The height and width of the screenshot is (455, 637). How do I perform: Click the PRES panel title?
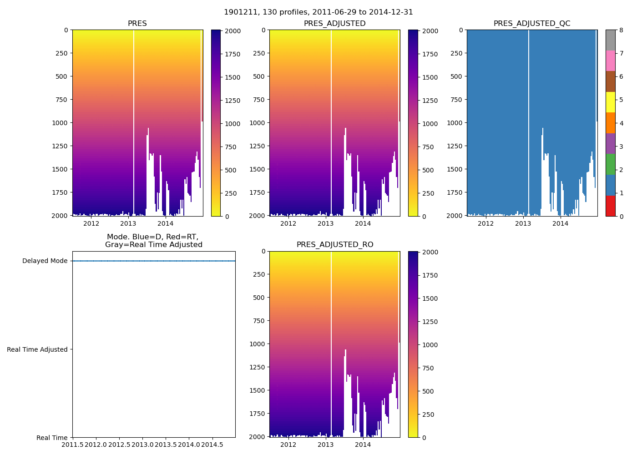[137, 24]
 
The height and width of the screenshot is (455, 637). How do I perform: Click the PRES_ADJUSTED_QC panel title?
[531, 24]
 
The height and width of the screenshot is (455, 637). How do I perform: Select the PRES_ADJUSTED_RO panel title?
[334, 245]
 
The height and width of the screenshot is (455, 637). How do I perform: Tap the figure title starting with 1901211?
[318, 12]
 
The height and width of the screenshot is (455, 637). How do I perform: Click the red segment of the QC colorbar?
[610, 206]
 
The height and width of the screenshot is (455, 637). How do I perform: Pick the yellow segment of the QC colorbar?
[610, 102]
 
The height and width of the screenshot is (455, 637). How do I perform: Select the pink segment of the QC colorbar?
[610, 61]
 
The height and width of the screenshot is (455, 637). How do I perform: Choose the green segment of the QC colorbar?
[610, 164]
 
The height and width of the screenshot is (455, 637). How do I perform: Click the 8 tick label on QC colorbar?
[621, 30]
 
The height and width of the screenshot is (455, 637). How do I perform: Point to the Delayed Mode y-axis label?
[45, 261]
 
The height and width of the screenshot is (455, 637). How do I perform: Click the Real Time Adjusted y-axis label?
[37, 349]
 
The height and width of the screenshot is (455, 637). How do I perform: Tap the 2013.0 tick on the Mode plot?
[142, 445]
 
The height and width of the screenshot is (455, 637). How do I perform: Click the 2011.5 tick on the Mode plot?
[72, 445]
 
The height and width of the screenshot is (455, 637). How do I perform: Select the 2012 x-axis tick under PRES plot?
[91, 223]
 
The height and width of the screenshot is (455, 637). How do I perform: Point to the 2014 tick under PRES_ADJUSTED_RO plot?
[363, 445]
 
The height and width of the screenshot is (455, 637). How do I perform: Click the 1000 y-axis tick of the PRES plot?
[60, 123]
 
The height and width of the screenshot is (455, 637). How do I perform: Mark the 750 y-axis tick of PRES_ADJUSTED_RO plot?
[257, 321]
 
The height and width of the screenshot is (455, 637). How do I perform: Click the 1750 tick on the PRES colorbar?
[233, 54]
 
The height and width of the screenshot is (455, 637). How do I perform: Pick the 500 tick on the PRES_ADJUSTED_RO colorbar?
[427, 391]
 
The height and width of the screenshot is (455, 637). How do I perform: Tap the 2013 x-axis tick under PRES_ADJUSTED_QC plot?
[523, 223]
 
